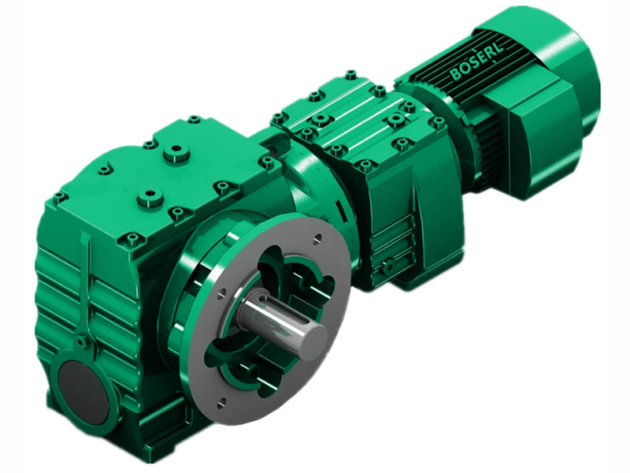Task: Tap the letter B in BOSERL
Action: pos(456,76)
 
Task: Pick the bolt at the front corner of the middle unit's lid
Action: pos(366,166)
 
